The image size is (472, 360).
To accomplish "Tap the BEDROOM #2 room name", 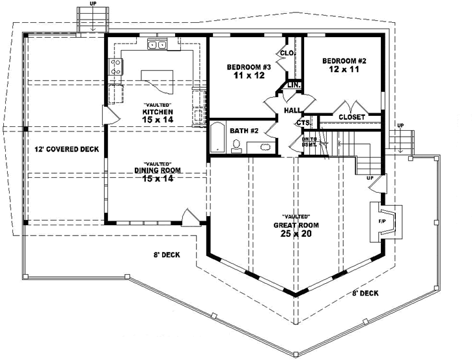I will [344, 61].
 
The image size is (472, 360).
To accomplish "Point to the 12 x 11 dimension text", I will [344, 70].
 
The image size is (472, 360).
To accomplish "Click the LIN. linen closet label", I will [294, 85].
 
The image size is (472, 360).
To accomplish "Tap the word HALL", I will [293, 111].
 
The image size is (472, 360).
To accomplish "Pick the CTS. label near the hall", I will [302, 122].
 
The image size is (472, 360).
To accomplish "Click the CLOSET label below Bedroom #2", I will [351, 117].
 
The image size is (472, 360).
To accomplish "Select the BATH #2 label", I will [245, 131].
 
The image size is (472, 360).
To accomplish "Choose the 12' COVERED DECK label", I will [66, 149].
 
